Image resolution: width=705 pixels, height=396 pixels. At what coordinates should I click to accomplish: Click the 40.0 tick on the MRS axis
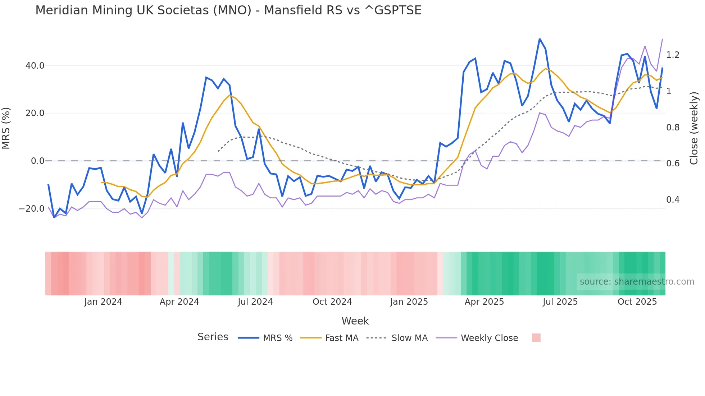click(35, 66)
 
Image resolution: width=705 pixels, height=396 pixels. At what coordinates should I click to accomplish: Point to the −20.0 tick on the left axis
click(32, 209)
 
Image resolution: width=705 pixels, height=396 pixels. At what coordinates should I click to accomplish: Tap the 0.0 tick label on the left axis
click(37, 161)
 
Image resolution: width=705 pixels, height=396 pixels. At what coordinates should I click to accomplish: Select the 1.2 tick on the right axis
click(673, 55)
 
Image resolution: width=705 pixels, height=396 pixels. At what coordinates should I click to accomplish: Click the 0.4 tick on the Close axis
click(673, 200)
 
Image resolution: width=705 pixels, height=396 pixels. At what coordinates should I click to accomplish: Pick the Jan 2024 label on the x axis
click(103, 302)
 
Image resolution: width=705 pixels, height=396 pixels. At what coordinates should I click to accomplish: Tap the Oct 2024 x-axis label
click(332, 302)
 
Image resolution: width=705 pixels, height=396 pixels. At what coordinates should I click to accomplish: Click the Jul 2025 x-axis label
click(560, 302)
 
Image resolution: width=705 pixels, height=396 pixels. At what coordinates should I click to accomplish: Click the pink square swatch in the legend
click(536, 338)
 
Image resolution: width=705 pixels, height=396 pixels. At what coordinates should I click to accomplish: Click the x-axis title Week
click(355, 321)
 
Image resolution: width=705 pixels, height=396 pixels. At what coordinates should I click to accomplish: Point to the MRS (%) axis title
click(6, 128)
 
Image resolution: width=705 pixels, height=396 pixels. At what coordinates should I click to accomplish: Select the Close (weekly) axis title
click(694, 128)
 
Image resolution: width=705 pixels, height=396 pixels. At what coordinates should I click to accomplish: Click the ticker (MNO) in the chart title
click(232, 10)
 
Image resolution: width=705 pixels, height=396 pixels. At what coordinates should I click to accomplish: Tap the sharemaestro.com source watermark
click(637, 282)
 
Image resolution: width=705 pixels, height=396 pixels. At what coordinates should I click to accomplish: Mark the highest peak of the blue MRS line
click(540, 39)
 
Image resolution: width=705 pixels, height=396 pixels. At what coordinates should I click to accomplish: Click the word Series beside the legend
click(213, 337)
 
